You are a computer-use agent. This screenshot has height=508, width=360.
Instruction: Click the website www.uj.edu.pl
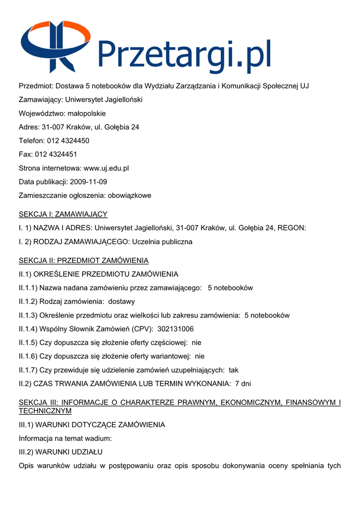[106, 168]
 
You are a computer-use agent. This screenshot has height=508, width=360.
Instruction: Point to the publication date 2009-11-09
[88, 182]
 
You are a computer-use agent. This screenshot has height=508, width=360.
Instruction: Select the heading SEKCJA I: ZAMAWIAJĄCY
[63, 214]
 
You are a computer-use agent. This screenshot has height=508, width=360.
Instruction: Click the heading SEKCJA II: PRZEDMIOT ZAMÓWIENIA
[83, 260]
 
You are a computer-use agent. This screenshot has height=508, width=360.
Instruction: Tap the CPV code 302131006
[175, 329]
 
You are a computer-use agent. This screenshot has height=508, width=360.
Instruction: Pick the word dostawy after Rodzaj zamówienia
[121, 302]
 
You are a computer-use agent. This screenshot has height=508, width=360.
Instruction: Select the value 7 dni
[243, 383]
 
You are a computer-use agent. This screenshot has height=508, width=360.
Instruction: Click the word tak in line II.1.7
[233, 370]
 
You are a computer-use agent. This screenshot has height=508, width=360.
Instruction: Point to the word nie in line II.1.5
[196, 343]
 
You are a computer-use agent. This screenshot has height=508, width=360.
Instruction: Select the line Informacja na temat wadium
[65, 439]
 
